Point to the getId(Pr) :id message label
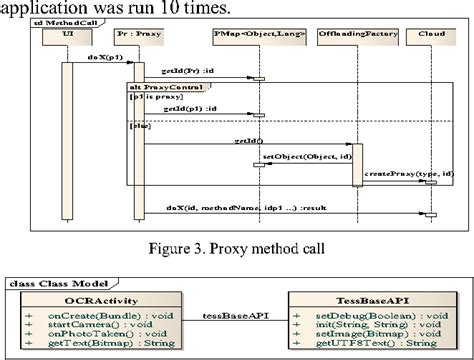pyautogui.click(x=188, y=72)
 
